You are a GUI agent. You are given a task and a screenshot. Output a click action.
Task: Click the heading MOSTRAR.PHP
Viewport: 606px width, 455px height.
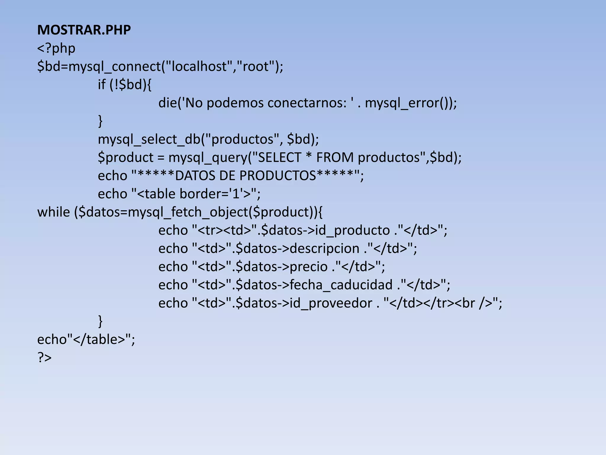[84, 30]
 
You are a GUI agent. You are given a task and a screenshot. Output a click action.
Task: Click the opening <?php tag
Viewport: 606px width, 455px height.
[56, 48]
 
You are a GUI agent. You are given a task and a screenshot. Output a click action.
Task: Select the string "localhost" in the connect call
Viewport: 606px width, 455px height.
[199, 66]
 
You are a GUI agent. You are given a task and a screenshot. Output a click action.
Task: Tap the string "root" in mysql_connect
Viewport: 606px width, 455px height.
[256, 66]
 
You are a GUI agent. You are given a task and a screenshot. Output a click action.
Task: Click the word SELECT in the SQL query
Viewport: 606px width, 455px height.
[279, 157]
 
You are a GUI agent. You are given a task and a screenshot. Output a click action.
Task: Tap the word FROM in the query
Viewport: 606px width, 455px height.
[335, 157]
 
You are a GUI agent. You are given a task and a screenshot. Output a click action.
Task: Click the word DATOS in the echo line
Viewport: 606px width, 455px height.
[195, 176]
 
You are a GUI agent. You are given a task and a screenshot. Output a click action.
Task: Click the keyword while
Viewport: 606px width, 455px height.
[54, 212]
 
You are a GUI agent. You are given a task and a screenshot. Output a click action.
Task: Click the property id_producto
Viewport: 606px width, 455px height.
[352, 230]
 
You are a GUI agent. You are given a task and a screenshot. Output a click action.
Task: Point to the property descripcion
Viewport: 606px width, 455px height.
[324, 249]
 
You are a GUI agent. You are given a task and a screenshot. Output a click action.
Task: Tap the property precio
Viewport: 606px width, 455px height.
[308, 267]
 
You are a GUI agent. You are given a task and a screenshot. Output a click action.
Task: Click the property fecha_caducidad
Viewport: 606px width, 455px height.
[341, 285]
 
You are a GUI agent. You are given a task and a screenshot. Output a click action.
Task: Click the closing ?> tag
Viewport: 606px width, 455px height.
[44, 358]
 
